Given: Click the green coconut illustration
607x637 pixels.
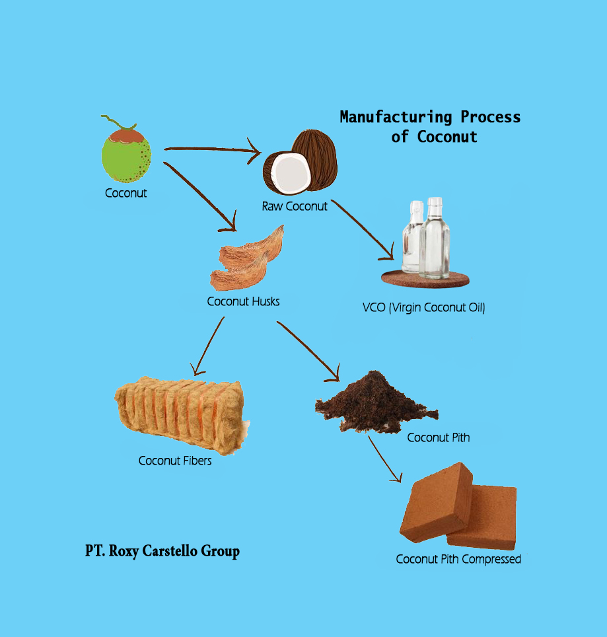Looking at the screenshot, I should click(125, 156).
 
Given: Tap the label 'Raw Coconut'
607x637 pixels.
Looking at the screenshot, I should click(295, 206).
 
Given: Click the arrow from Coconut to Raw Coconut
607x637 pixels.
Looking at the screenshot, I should click(211, 151).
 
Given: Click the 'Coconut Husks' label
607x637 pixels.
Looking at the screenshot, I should click(243, 302).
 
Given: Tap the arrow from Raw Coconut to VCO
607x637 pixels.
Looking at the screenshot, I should click(363, 231).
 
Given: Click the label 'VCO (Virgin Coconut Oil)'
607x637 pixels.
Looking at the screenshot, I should click(423, 307).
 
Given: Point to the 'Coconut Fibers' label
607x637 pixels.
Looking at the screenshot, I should click(175, 461).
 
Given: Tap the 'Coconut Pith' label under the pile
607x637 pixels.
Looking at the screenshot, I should click(438, 437).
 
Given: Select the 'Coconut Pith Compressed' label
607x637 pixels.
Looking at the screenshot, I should click(458, 560).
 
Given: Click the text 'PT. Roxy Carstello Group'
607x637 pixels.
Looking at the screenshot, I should click(162, 550).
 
